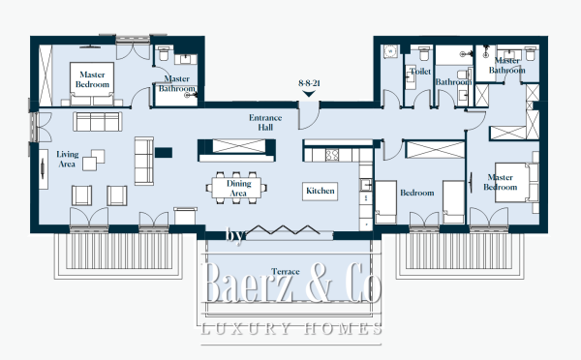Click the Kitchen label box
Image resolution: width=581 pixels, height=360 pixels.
321,191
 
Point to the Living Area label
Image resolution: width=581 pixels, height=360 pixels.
68,159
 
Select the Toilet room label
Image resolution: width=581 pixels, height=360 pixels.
420,71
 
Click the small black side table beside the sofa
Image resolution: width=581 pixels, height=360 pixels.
161,149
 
